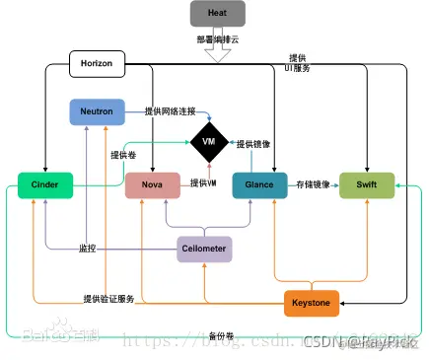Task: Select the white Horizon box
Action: [97, 64]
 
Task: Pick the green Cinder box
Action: [45, 184]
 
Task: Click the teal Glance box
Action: [258, 184]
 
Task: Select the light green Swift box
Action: [367, 184]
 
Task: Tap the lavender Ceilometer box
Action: [204, 250]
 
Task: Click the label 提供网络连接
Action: [162, 111]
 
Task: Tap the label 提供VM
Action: [203, 182]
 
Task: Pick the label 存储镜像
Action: [313, 183]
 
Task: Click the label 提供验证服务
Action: [108, 299]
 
